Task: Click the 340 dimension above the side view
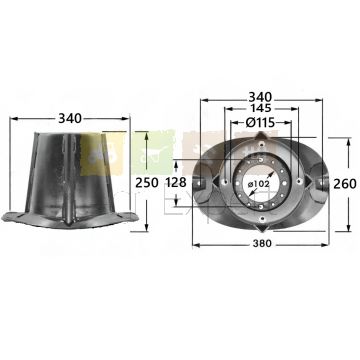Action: pos(70,118)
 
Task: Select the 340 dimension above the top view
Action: pos(260,97)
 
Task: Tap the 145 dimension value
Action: pos(261,108)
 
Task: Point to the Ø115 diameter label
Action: pos(260,123)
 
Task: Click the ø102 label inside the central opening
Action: pos(259,184)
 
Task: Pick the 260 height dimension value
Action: pos(345,184)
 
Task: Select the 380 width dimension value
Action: pos(262,244)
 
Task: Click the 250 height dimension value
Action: pos(147,183)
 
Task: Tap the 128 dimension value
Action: pos(176,183)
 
